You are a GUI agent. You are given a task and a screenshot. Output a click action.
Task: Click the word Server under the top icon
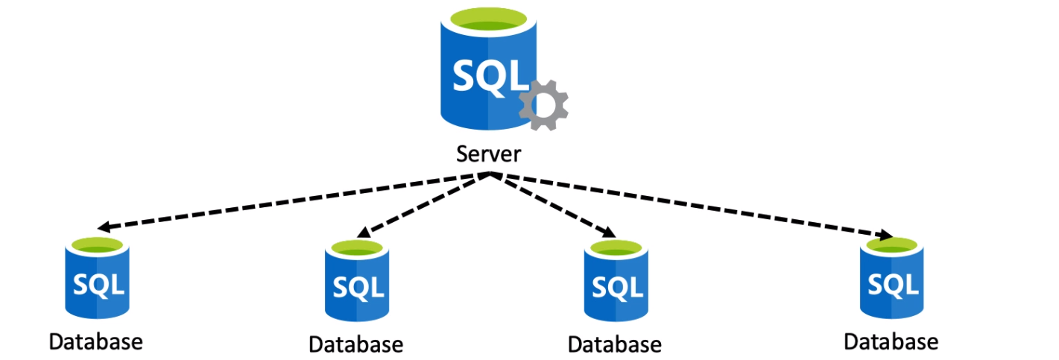click(x=489, y=155)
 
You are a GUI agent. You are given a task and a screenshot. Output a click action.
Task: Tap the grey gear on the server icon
click(x=544, y=105)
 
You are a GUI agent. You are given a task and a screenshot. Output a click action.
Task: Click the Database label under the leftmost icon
click(x=95, y=342)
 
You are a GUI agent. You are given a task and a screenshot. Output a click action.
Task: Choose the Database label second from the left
click(x=355, y=344)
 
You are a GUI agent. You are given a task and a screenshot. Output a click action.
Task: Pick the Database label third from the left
click(x=614, y=344)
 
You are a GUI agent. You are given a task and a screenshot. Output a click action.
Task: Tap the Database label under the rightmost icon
click(x=891, y=341)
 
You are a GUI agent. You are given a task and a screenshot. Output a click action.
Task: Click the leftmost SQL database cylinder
click(x=98, y=283)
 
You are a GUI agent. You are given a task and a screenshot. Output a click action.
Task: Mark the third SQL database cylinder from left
click(x=616, y=286)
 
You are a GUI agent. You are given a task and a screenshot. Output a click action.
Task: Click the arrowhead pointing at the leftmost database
click(x=104, y=227)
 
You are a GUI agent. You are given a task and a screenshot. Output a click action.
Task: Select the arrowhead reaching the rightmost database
click(x=885, y=236)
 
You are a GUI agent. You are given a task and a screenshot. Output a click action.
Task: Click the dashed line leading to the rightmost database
click(x=693, y=206)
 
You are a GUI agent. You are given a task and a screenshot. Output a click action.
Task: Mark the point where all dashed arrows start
click(x=489, y=175)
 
